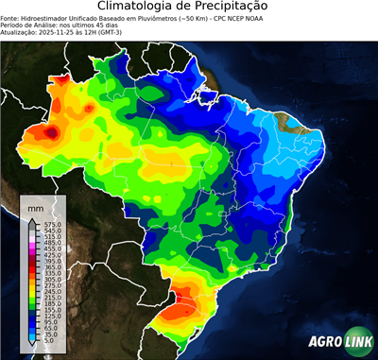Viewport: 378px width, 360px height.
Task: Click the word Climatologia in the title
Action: [140, 7]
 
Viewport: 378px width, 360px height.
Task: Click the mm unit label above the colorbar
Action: [36, 205]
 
